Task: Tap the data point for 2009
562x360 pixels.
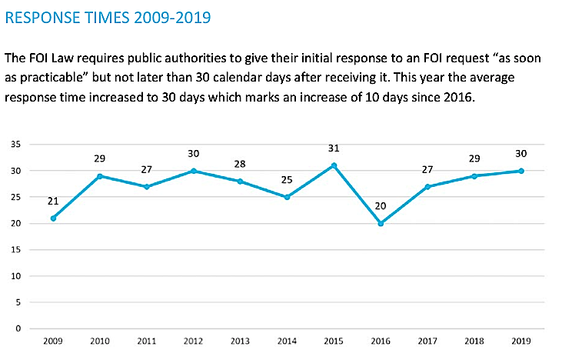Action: pyautogui.click(x=54, y=218)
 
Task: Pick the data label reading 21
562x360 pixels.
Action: pyautogui.click(x=54, y=201)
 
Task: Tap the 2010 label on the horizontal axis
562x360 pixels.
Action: pyautogui.click(x=98, y=340)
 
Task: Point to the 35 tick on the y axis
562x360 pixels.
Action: pyautogui.click(x=15, y=145)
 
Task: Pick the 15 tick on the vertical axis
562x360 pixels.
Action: pyautogui.click(x=15, y=250)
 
